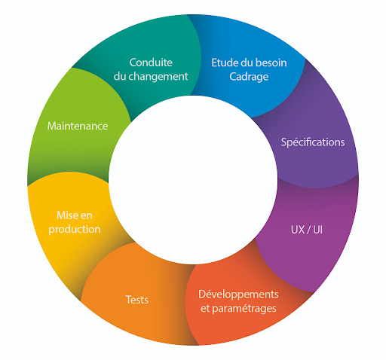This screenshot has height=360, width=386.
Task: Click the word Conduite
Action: click(151, 63)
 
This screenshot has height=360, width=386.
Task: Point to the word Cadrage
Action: click(249, 77)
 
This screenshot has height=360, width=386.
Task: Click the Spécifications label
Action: click(313, 142)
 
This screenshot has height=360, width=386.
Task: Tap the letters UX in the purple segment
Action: click(298, 230)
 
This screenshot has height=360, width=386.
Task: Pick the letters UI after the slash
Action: click(317, 230)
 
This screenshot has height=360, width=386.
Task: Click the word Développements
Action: click(238, 294)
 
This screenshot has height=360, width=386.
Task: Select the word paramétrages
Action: click(244, 309)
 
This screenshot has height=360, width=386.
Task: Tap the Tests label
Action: click(137, 300)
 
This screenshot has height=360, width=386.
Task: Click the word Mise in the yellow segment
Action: click(66, 215)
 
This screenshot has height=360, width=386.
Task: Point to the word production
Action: click(75, 230)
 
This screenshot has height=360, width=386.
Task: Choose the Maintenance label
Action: click(78, 126)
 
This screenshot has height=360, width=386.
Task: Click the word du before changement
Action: click(120, 76)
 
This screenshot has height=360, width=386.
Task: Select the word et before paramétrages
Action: click(205, 309)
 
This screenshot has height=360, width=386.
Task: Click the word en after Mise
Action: click(86, 216)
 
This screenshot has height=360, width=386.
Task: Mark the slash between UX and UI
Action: click(308, 230)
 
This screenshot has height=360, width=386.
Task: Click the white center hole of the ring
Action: click(193, 180)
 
